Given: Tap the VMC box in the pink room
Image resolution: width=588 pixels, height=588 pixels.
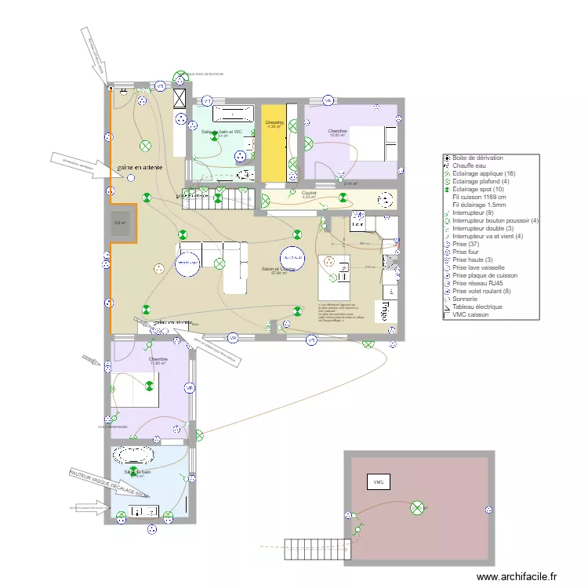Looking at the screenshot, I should (378, 481).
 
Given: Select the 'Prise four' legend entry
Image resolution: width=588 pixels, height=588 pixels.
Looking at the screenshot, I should (468, 251).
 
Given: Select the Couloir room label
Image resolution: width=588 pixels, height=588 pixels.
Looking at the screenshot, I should (308, 193).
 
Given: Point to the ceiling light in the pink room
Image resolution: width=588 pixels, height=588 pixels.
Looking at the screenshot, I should (417, 509).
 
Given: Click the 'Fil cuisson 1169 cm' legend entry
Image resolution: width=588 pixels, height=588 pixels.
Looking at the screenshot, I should (479, 197).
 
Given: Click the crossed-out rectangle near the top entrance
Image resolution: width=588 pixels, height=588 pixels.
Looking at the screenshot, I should (180, 97).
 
